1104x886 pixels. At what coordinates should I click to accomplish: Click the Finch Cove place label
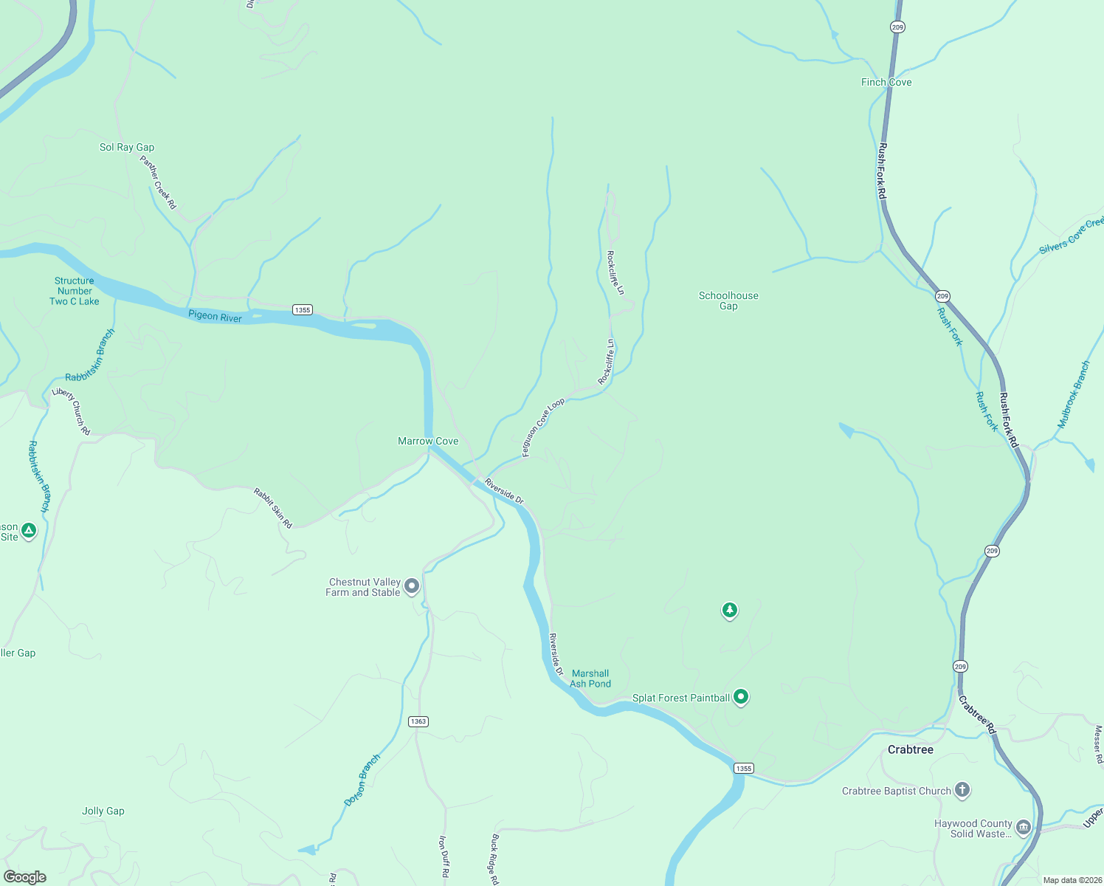click(886, 83)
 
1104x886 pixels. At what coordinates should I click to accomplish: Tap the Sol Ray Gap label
click(127, 148)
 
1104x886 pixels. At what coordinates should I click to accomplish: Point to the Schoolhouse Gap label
click(728, 301)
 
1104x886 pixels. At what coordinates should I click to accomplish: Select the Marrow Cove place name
click(428, 442)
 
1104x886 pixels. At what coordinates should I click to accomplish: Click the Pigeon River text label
click(215, 317)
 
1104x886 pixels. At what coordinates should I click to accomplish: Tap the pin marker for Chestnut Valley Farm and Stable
click(413, 586)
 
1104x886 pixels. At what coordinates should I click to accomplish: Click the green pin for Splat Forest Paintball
click(742, 696)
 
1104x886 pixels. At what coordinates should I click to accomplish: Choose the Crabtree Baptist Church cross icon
click(962, 790)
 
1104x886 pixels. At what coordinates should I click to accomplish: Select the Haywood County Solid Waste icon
click(1023, 827)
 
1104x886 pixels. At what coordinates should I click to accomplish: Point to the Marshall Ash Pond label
click(590, 679)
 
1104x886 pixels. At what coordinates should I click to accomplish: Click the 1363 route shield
click(418, 721)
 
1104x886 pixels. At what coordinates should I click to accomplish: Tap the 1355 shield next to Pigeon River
click(303, 310)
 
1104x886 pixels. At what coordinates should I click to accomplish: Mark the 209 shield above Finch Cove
click(897, 27)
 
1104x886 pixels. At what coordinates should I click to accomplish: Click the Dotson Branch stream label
click(362, 780)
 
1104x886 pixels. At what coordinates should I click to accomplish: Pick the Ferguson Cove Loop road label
click(543, 427)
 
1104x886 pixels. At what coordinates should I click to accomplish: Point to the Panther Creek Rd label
click(159, 182)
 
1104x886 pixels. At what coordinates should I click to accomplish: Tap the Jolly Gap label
click(103, 811)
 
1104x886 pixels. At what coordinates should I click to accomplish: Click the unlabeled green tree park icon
click(730, 610)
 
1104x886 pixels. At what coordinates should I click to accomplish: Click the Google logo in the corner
click(25, 877)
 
